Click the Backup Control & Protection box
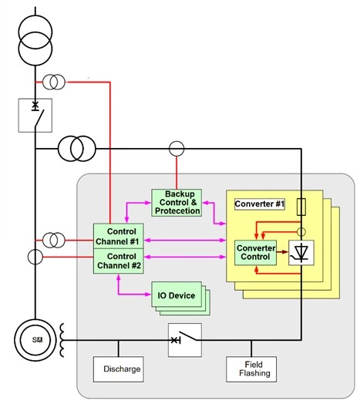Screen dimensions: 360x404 point(177,203)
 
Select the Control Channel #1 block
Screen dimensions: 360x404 point(118,236)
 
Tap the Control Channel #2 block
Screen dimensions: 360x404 point(118,261)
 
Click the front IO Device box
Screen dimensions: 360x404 point(177,295)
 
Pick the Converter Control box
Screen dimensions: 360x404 point(255,253)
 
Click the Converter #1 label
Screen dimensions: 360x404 point(260,204)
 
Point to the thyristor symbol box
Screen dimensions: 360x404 point(301,253)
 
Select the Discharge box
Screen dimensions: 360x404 point(118,369)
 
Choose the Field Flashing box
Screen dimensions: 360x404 point(251,369)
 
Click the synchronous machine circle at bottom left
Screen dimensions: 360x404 point(35,340)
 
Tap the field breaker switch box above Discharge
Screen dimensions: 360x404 point(185,340)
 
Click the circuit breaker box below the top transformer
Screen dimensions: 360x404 point(35,116)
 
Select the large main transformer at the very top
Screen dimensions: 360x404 point(35,40)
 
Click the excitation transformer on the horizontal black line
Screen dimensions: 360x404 point(77,149)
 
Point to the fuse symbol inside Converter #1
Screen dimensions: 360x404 point(301,207)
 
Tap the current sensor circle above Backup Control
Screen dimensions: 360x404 point(177,149)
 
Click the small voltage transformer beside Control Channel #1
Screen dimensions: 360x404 point(54,240)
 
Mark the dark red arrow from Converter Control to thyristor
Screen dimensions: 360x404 point(282,251)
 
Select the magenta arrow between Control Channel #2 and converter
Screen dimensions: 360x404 point(185,257)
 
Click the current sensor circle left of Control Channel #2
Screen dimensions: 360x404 point(35,257)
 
